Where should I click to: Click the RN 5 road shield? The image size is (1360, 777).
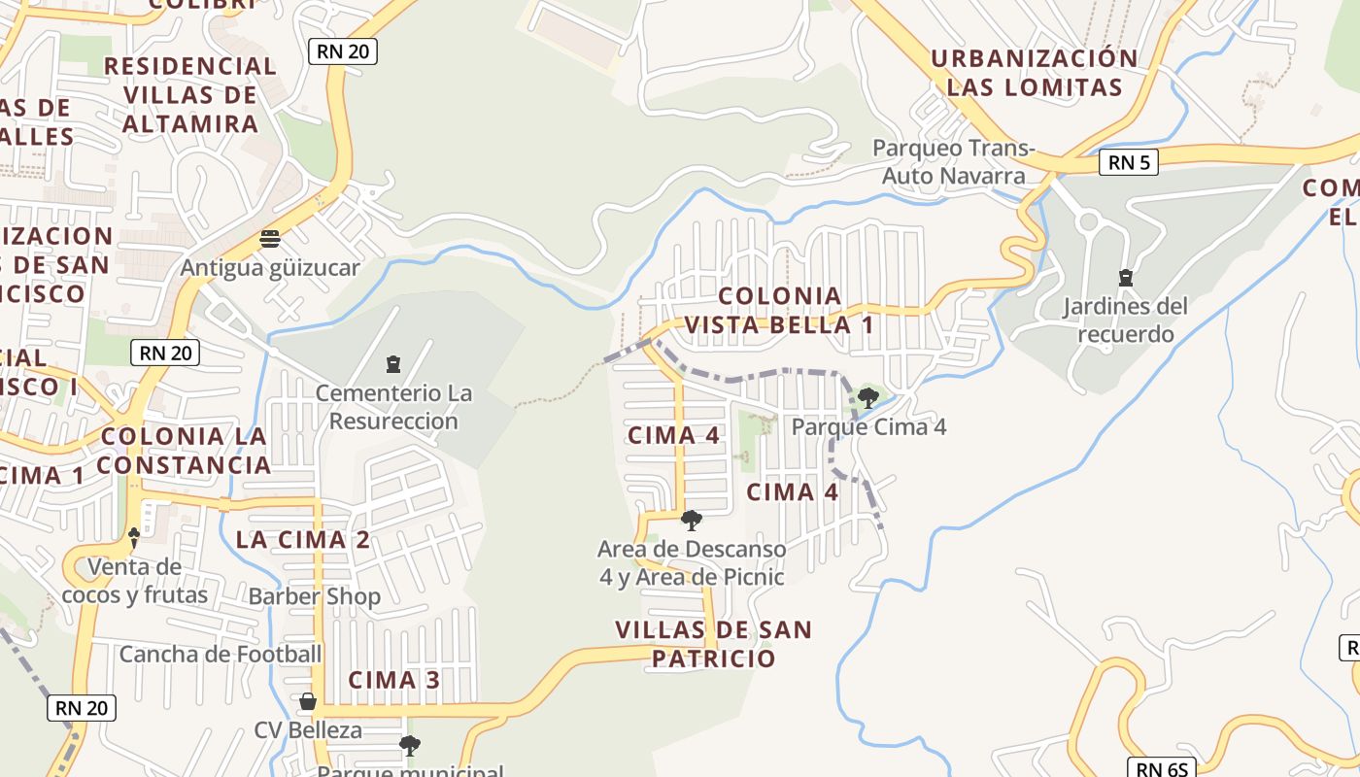pyautogui.click(x=1129, y=162)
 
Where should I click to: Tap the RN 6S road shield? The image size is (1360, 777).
pyautogui.click(x=1162, y=769)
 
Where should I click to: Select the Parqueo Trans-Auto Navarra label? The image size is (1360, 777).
pyautogui.click(x=954, y=162)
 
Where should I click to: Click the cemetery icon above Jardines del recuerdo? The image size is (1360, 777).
pyautogui.click(x=1125, y=278)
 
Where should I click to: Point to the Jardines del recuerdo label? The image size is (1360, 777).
pyautogui.click(x=1125, y=321)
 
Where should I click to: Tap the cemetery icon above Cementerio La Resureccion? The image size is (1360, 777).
pyautogui.click(x=393, y=364)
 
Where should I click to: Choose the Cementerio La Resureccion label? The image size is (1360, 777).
pyautogui.click(x=393, y=407)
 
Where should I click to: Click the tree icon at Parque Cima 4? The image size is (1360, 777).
pyautogui.click(x=868, y=396)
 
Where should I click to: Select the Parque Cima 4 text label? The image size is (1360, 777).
pyautogui.click(x=868, y=426)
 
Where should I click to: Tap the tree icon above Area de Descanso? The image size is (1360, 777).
pyautogui.click(x=692, y=521)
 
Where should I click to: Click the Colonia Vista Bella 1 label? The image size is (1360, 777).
pyautogui.click(x=779, y=310)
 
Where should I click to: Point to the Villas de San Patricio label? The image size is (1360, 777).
pyautogui.click(x=713, y=644)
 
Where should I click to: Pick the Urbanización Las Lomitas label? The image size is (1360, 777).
pyautogui.click(x=1034, y=73)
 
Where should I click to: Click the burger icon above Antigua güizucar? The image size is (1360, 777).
pyautogui.click(x=270, y=239)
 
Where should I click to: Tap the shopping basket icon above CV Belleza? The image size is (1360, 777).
pyautogui.click(x=308, y=700)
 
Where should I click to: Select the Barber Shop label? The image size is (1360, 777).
pyautogui.click(x=314, y=595)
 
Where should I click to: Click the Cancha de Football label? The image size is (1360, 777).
pyautogui.click(x=220, y=654)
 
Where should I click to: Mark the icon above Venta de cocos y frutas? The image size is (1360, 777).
pyautogui.click(x=134, y=536)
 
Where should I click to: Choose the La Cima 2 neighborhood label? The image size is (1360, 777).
pyautogui.click(x=303, y=540)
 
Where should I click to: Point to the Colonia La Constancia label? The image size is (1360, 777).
pyautogui.click(x=184, y=451)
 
